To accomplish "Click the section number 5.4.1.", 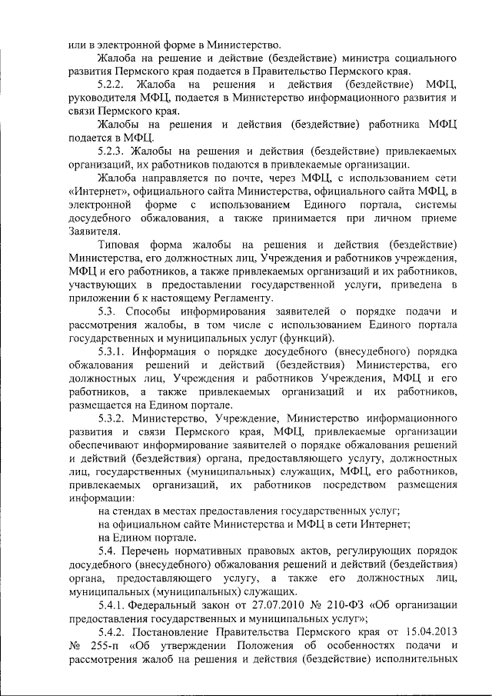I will click(x=115, y=604).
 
